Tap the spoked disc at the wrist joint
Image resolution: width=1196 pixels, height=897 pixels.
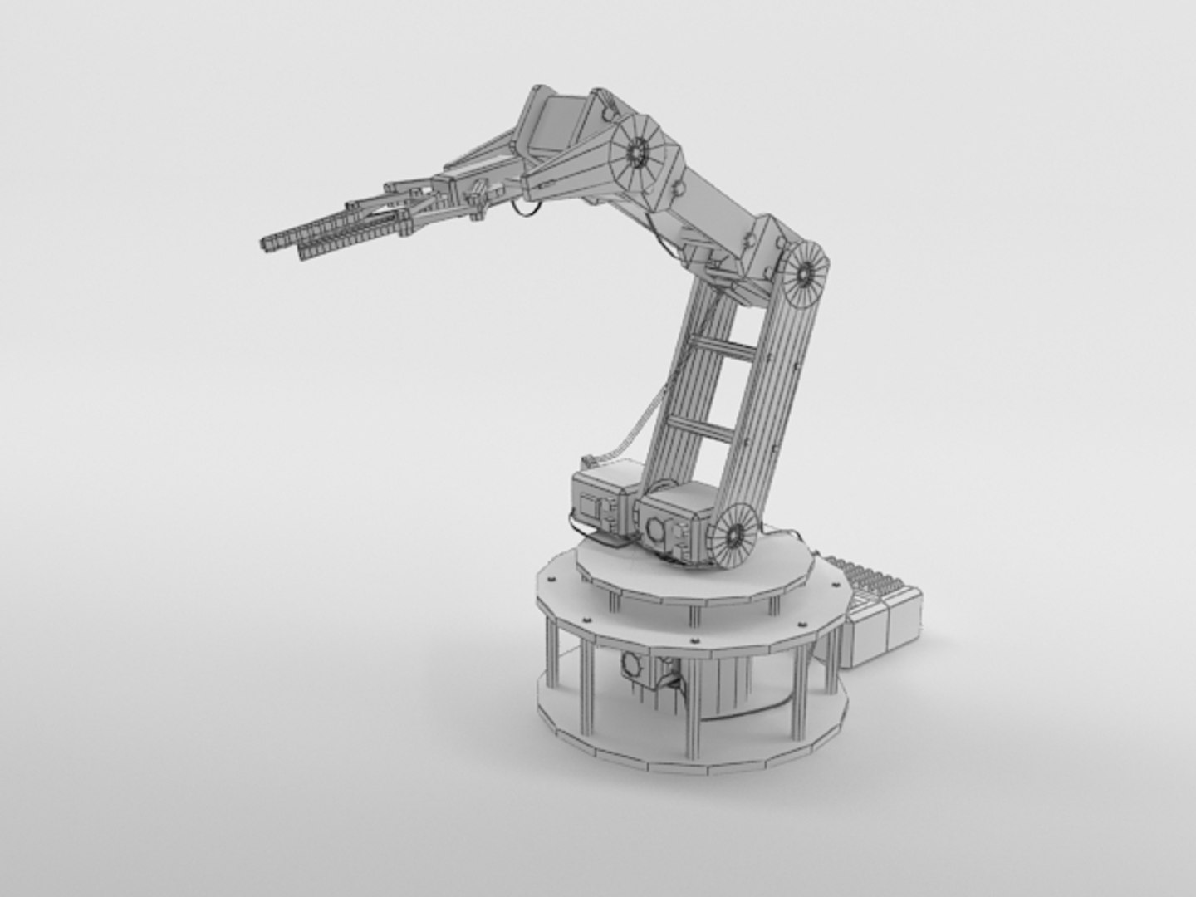pos(638,152)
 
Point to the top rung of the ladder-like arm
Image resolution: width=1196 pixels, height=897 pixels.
pos(728,346)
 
